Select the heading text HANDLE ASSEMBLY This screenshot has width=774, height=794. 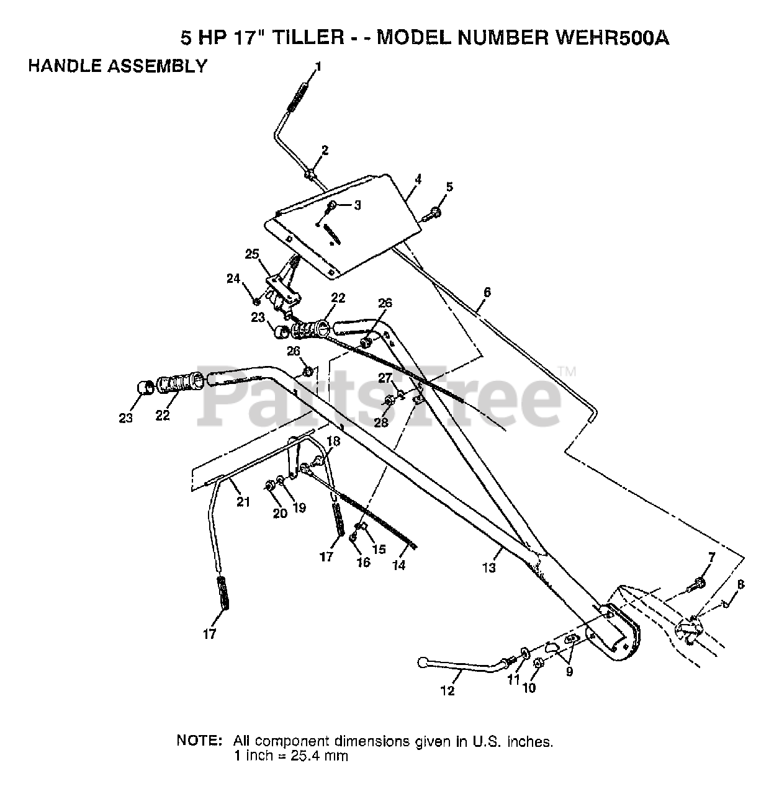(117, 66)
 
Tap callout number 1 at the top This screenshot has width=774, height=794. (318, 66)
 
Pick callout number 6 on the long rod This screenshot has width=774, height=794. (487, 292)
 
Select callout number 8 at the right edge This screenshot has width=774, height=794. (740, 584)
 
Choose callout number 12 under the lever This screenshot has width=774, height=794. (448, 691)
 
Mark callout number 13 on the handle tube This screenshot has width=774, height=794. (490, 566)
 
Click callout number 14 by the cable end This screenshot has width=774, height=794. (399, 564)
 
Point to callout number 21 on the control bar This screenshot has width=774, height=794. (243, 501)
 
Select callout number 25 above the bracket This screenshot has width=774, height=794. (251, 254)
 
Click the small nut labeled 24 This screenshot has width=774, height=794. (256, 301)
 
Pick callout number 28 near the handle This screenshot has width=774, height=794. (380, 422)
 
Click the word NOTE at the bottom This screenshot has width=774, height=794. (199, 741)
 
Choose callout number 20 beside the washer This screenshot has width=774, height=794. (280, 512)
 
